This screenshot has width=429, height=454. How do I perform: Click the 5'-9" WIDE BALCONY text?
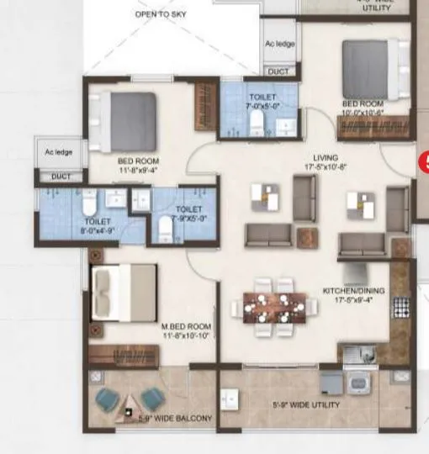coord(175,418)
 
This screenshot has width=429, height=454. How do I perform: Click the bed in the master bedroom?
coord(124,290)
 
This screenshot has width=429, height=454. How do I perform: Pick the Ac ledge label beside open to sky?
coord(278,44)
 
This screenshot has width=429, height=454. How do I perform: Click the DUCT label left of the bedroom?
coord(61,177)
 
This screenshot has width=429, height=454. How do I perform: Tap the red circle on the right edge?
coord(424,161)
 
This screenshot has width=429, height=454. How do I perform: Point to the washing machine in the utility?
coord(360,383)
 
